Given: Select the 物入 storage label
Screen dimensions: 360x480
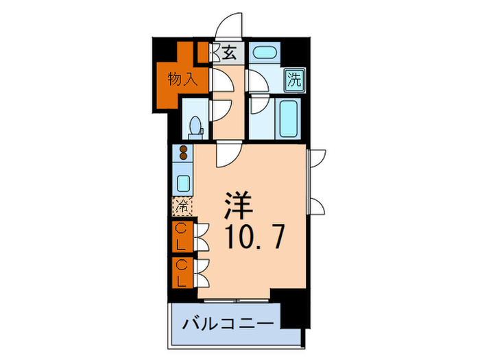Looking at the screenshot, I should click(182, 79).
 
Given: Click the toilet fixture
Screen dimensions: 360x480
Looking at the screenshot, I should click(195, 126).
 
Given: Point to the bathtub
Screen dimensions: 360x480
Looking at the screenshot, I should click(288, 118).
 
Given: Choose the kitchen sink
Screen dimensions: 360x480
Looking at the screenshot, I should click(184, 182).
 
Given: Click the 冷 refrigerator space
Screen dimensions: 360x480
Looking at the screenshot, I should click(182, 205).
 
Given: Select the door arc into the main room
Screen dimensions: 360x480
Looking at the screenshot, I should click(226, 154).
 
